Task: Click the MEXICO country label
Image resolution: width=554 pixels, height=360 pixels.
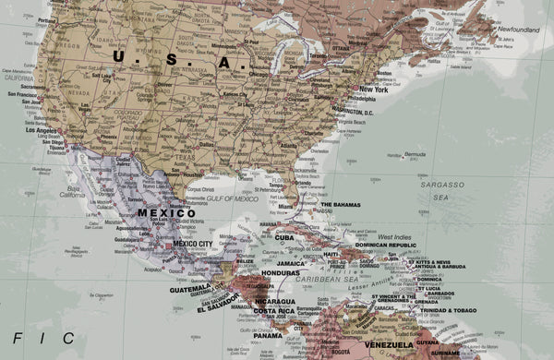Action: click(x=166, y=212)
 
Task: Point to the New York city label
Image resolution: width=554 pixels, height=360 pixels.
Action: click(x=374, y=90)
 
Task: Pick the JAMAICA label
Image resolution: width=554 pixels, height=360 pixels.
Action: click(x=292, y=263)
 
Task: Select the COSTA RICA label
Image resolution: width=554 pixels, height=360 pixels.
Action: click(x=275, y=311)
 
